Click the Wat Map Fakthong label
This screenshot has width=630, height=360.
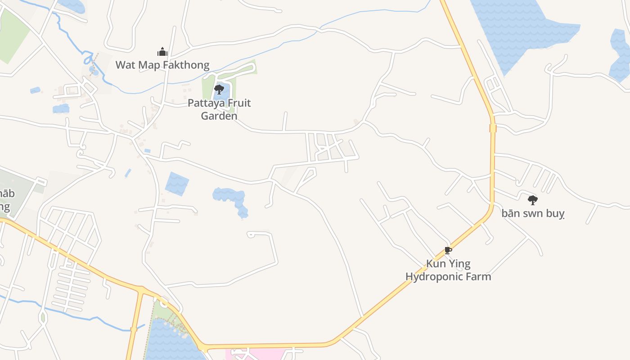tap(162, 65)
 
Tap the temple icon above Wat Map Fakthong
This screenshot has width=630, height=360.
tap(162, 52)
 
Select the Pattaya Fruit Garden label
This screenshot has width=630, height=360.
tap(219, 109)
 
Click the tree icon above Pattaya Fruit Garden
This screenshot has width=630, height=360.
tap(219, 89)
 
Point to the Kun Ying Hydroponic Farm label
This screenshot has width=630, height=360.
tap(448, 270)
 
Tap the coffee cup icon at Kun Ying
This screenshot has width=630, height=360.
tap(448, 250)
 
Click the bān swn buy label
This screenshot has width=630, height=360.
tap(533, 213)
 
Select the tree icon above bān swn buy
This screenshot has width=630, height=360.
tap(533, 199)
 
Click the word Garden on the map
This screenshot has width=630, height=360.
tap(219, 116)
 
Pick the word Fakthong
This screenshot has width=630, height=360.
tap(186, 65)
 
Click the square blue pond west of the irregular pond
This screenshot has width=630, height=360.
tap(177, 184)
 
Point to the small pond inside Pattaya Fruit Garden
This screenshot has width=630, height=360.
tap(219, 95)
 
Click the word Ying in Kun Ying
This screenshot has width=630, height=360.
tap(460, 264)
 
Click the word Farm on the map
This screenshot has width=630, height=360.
tap(479, 276)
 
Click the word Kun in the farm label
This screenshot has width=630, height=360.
tap(436, 264)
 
